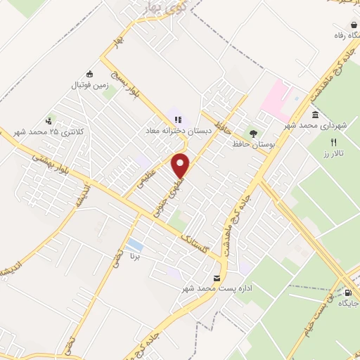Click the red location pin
tap(181, 165)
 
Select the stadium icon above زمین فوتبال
tap(89, 74)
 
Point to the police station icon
tap(49, 120)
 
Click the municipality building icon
tap(314, 114)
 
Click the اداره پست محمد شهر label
tap(207, 289)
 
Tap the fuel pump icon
tap(347, 292)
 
